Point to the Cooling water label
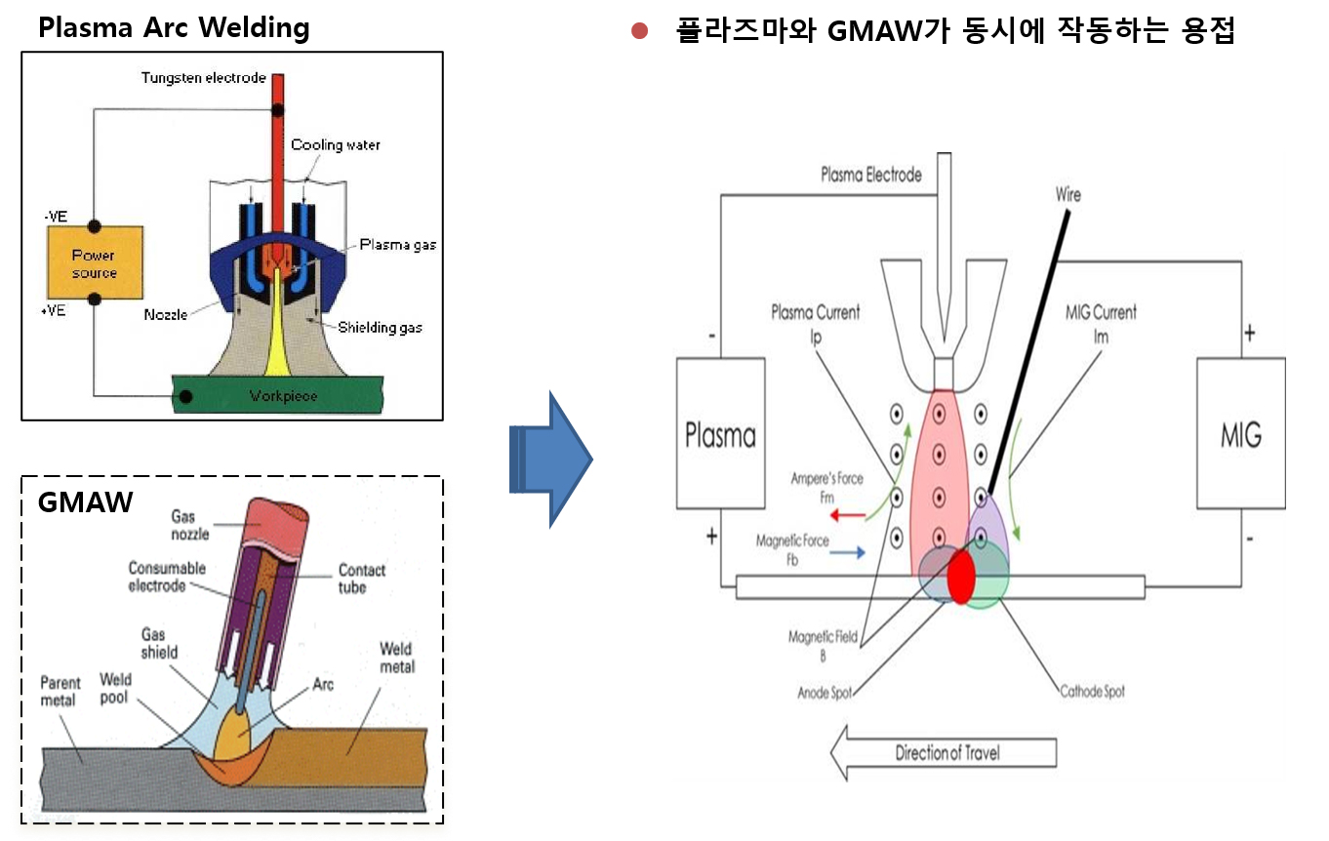[x=336, y=145]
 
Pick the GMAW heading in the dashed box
[x=85, y=502]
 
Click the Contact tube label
[x=362, y=579]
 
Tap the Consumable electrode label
[x=168, y=577]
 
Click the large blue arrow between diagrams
[x=550, y=460]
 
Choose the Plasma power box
[x=720, y=434]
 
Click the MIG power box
[x=1240, y=434]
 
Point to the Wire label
[x=1067, y=195]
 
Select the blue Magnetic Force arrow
[x=847, y=552]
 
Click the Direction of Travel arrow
[x=943, y=752]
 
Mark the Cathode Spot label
[x=1092, y=691]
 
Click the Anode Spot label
[x=825, y=693]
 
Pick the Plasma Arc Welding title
[x=174, y=27]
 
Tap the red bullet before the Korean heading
[x=640, y=31]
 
